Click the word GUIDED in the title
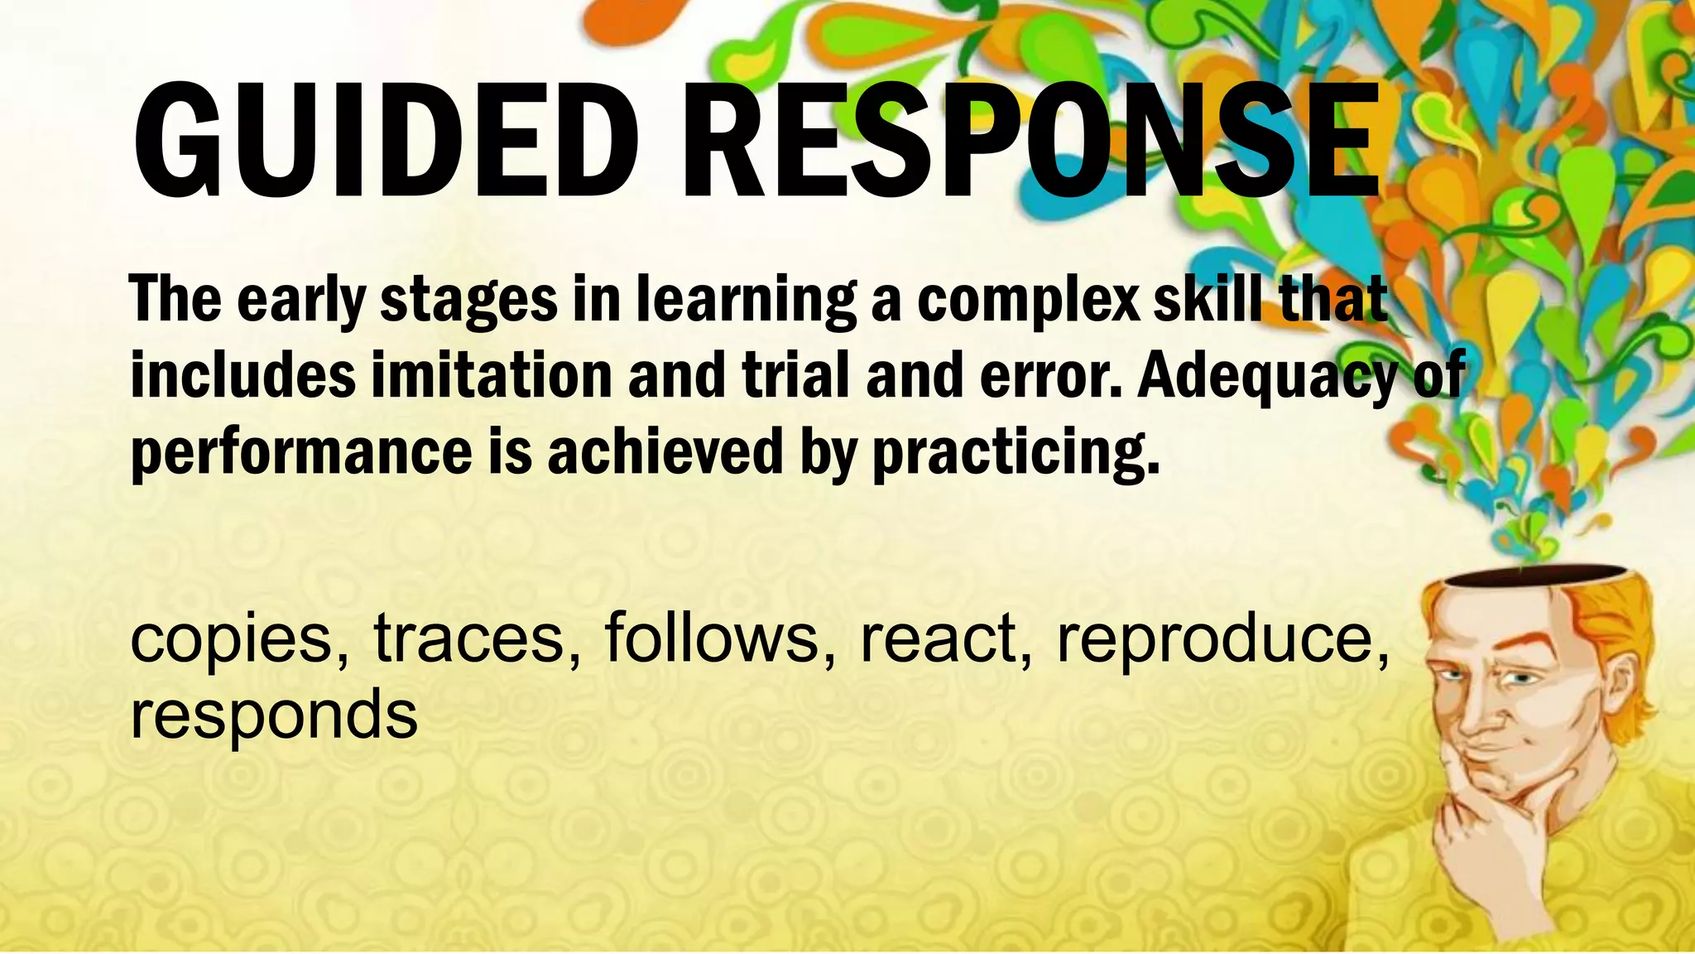386,141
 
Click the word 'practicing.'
1016,453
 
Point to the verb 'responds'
274,715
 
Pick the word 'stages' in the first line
468,301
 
